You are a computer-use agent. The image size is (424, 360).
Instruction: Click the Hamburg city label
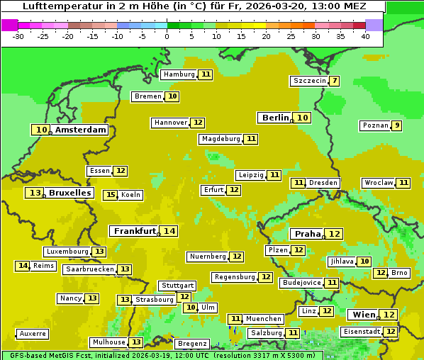point(178,74)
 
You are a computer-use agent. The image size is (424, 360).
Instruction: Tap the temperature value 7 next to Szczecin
point(334,81)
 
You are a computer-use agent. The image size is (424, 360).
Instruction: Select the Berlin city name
point(275,118)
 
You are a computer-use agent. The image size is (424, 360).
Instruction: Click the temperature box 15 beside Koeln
point(110,195)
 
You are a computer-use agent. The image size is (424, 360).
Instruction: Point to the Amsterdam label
point(80,130)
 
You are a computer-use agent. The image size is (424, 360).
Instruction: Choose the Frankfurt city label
point(134,231)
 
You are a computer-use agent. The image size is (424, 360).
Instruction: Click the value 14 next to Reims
point(23,266)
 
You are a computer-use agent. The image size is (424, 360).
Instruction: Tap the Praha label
point(308,234)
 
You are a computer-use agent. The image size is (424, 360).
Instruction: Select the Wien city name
point(364,315)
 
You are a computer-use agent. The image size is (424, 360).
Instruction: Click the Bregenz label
point(192,344)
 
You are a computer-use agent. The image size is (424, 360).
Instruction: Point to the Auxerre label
point(33,334)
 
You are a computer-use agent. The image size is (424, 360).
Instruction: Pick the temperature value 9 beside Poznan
point(397,125)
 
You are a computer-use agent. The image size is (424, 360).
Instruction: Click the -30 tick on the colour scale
point(18,36)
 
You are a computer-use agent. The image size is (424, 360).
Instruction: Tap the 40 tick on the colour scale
point(365,36)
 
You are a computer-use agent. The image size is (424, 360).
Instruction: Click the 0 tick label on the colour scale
point(167,36)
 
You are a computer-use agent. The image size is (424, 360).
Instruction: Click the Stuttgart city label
point(177,286)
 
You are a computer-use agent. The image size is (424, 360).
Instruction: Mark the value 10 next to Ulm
point(190,308)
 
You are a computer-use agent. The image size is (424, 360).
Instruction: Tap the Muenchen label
point(263,319)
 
